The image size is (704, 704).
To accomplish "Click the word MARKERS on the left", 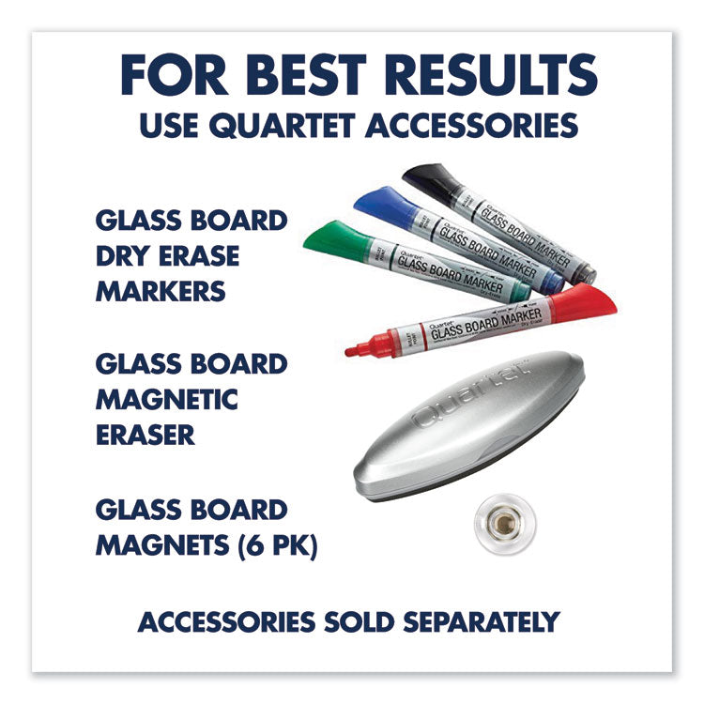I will pyautogui.click(x=161, y=290).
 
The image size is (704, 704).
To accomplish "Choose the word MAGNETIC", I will pyautogui.click(x=167, y=399).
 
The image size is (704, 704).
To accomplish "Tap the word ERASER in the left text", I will pyautogui.click(x=145, y=435).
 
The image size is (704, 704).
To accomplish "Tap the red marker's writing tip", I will pyautogui.click(x=353, y=352).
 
